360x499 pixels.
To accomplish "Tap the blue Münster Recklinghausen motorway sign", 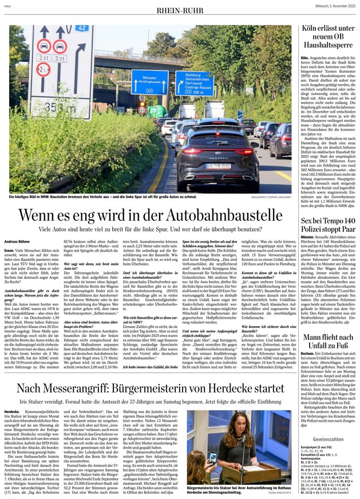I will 149,82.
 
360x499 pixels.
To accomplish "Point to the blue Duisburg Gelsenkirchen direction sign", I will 195,84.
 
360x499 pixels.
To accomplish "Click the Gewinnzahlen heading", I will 329,438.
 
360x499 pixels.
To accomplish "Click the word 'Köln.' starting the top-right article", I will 305,58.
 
